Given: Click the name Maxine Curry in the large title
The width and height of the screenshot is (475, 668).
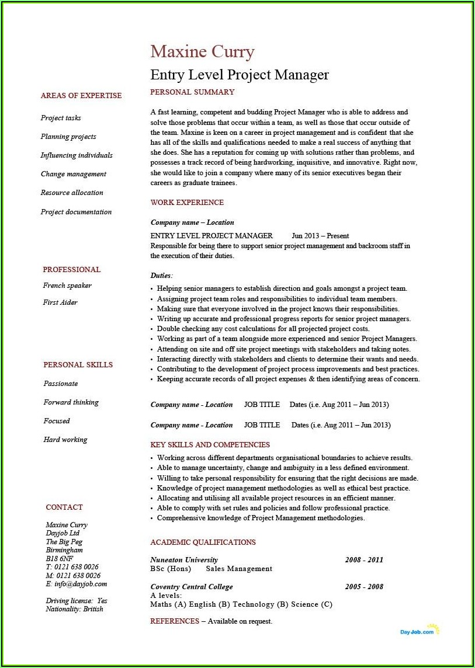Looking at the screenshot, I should (202, 52).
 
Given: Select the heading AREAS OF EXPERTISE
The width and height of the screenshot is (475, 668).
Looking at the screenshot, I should (81, 96).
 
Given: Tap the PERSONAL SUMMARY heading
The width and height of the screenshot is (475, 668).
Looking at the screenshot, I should (192, 92).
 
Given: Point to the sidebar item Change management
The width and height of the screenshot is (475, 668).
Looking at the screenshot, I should (74, 174).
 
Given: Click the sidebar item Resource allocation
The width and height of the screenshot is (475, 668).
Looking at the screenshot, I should (72, 193).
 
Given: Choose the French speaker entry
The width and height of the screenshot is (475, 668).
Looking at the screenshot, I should (67, 286).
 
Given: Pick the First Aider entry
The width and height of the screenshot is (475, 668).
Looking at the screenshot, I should (60, 302).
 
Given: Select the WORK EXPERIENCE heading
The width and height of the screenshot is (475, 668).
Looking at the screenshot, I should (187, 203).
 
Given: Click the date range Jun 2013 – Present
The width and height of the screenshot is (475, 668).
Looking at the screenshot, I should (320, 236).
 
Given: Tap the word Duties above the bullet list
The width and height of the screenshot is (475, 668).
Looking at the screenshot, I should (161, 275).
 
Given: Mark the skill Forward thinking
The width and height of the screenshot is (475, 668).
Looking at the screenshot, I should (71, 402).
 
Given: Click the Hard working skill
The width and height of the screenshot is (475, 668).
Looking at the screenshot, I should (65, 440).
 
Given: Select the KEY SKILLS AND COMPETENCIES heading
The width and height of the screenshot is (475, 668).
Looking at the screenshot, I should (210, 445).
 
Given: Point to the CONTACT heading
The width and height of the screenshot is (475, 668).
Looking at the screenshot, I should (64, 507).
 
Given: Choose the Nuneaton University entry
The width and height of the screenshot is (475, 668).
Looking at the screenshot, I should (184, 560).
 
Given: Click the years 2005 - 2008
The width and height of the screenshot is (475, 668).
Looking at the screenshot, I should (364, 587).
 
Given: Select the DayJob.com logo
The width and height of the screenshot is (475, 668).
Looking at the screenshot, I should (419, 631).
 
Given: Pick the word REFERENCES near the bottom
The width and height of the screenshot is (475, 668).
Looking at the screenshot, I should (175, 621).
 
